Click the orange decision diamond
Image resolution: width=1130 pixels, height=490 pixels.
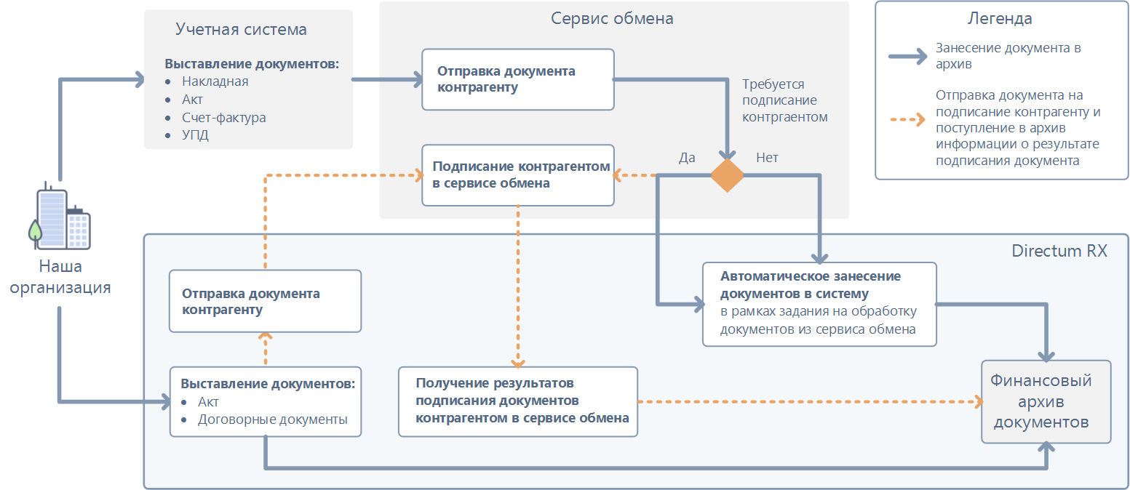click(727, 175)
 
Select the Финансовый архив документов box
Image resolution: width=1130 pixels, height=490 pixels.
click(1046, 401)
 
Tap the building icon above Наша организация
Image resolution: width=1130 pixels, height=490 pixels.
click(63, 216)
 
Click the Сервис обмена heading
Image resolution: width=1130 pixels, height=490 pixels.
click(612, 19)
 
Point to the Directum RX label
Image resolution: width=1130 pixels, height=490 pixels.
click(1059, 251)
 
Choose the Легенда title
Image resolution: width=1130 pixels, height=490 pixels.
click(999, 19)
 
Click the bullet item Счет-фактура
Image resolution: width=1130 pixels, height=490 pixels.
click(224, 117)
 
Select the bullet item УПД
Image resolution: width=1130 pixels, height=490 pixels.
click(195, 135)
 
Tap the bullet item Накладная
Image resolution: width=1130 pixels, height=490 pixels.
click(215, 81)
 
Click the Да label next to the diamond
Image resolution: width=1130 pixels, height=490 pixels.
click(687, 158)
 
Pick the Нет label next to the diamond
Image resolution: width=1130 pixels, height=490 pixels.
click(767, 158)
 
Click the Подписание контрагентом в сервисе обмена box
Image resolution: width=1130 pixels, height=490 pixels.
click(517, 175)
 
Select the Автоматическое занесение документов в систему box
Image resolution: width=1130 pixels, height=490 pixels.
click(819, 304)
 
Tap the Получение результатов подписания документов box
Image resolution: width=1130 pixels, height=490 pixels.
click(517, 401)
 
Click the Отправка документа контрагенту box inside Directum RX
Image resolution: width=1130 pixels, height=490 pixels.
click(265, 301)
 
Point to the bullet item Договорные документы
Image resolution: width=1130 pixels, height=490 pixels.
click(272, 419)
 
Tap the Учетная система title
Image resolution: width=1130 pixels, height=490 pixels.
click(241, 30)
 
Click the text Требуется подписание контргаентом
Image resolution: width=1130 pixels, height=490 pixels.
click(784, 100)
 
